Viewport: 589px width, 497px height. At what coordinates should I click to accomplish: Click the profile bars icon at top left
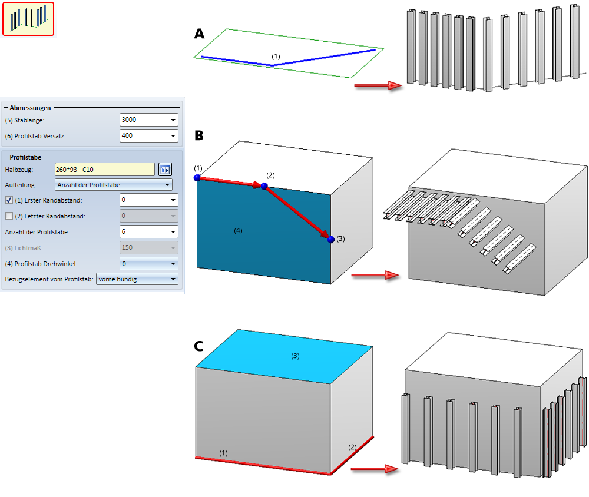coord(28,19)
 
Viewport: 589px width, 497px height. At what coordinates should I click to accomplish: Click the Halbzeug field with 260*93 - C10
coord(104,170)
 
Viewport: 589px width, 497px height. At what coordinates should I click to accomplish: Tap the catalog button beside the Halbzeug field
coord(165,170)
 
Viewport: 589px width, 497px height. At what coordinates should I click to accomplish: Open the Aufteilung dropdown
coord(113,185)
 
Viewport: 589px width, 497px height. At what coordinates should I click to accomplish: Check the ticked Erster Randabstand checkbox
coord(9,200)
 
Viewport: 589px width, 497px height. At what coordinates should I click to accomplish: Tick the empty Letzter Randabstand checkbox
coord(9,216)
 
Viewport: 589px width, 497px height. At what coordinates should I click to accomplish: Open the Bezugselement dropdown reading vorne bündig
coord(137,279)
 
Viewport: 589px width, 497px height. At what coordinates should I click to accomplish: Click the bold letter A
coord(199,34)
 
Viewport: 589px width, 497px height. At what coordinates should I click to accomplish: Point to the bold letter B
coord(199,136)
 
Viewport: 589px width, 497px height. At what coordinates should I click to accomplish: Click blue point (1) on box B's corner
coord(197,177)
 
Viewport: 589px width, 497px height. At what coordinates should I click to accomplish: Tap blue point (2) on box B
coord(264,186)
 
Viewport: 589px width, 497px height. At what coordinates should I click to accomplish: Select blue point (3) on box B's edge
coord(331,239)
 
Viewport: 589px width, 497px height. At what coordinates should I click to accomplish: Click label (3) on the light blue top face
coord(296,356)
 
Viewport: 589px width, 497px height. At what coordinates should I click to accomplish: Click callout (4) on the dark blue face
coord(238,231)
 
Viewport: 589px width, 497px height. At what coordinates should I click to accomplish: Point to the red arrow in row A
coord(378,86)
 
